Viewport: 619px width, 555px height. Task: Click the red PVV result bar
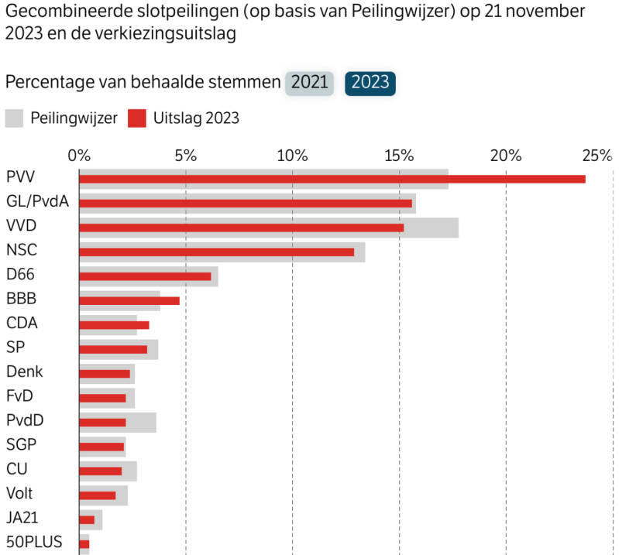click(332, 179)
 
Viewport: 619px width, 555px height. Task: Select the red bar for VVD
click(241, 228)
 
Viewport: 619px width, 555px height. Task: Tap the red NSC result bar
click(216, 252)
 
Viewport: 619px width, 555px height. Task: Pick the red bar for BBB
click(129, 300)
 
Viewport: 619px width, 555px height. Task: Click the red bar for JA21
click(87, 519)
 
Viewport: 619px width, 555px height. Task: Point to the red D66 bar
click(145, 276)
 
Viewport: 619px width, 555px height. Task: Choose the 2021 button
click(309, 83)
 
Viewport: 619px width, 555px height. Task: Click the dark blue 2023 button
click(370, 83)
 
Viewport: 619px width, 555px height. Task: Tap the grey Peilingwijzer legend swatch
click(14, 118)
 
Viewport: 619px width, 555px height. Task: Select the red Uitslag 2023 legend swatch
click(136, 118)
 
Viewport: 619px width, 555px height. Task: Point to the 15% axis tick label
click(399, 155)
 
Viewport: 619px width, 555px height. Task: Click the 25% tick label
click(597, 155)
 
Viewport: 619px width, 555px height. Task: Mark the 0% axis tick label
click(79, 155)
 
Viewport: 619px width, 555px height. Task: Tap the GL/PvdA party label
click(37, 202)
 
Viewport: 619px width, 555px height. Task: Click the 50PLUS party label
click(34, 541)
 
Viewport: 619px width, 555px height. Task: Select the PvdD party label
click(25, 420)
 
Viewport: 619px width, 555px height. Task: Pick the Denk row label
click(24, 372)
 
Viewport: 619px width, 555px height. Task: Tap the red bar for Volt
click(98, 495)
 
